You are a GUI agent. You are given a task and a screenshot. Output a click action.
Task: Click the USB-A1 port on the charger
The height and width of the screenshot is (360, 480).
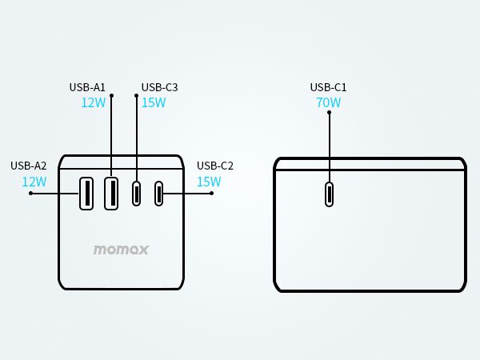click(x=111, y=194)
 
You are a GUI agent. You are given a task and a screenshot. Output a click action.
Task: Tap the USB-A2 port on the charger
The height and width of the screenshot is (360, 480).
click(x=86, y=194)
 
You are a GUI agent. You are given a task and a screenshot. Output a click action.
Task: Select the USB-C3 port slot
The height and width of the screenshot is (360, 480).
click(x=137, y=194)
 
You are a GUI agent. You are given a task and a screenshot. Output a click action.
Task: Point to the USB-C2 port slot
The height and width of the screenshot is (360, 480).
click(x=159, y=194)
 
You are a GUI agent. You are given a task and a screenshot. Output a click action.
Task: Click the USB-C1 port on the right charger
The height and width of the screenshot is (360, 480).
click(x=329, y=194)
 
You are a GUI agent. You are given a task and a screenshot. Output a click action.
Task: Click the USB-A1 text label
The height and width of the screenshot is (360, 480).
click(x=87, y=87)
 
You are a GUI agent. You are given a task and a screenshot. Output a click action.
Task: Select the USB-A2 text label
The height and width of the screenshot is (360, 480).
click(x=29, y=166)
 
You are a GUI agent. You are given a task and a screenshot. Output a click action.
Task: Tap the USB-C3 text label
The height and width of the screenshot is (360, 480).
click(x=159, y=87)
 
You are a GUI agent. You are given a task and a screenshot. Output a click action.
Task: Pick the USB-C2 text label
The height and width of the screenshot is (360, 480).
click(x=215, y=166)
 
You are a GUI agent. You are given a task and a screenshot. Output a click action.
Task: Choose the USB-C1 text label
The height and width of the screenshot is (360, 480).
click(x=328, y=87)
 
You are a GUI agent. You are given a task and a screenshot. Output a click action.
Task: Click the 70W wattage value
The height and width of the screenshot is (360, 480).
click(x=328, y=102)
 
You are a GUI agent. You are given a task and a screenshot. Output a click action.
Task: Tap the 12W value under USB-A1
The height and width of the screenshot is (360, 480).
click(x=93, y=102)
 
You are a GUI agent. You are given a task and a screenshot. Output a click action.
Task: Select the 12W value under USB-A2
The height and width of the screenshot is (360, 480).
click(x=34, y=182)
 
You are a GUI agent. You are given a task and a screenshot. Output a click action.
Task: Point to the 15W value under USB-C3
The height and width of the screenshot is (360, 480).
click(x=154, y=102)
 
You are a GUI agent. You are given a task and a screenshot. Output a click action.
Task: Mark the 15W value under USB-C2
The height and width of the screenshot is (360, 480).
click(x=209, y=182)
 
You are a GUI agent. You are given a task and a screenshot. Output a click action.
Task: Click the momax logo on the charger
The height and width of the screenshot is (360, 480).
click(x=121, y=250)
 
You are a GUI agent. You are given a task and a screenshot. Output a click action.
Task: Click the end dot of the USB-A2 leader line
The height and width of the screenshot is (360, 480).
click(x=30, y=193)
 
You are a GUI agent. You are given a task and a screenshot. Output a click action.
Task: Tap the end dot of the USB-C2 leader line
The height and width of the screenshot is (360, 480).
click(x=211, y=193)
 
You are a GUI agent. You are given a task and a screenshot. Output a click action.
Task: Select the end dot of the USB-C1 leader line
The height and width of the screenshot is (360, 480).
click(x=329, y=112)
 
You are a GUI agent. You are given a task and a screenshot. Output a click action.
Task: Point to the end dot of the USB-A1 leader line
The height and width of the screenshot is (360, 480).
click(x=111, y=96)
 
